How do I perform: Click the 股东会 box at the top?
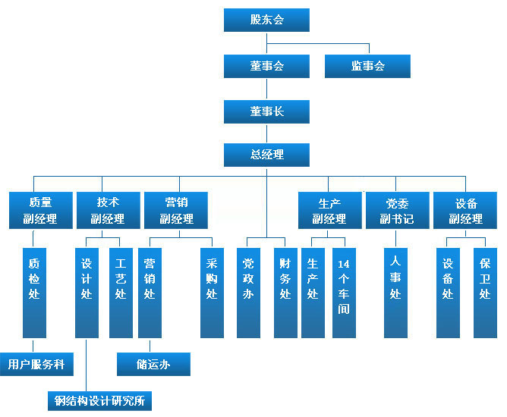[x=266, y=20]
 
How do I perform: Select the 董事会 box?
[x=266, y=66]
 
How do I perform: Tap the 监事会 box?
[x=367, y=66]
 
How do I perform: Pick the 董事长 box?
[x=266, y=111]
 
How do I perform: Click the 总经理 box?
[x=266, y=155]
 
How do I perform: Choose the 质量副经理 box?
[x=40, y=210]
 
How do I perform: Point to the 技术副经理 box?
[x=108, y=210]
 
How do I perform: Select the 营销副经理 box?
[x=176, y=210]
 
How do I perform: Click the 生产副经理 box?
[x=329, y=210]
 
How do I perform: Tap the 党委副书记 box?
[x=397, y=210]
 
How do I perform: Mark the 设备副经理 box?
[x=465, y=210]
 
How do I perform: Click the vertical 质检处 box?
[x=33, y=292]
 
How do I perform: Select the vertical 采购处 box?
[x=212, y=292]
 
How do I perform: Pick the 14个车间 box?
[x=344, y=292]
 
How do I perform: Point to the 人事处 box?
[x=395, y=292]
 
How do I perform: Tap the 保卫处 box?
[x=485, y=292]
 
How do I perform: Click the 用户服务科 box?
[x=36, y=364]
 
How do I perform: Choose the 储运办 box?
[x=153, y=364]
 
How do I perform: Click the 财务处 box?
[x=285, y=292]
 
